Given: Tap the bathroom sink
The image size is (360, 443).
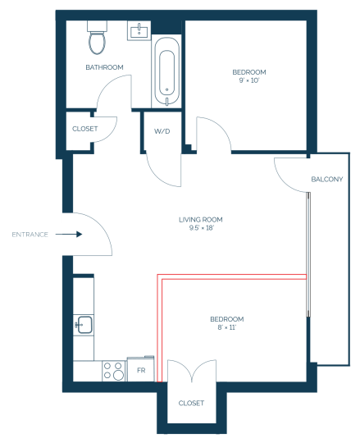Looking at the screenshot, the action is tap(139, 30).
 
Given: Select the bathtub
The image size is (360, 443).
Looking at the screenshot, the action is tap(166, 71).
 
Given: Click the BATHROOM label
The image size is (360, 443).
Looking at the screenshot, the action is tap(104, 67).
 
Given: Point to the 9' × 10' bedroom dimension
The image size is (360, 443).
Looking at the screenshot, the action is tap(249, 80).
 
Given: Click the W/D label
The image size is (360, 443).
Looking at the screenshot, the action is tap(162, 131).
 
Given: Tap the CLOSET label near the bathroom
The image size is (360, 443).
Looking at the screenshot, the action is tap(85, 129).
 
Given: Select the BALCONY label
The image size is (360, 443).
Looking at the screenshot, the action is tap(327, 179).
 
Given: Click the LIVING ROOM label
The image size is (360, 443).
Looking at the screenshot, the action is tap(201, 220).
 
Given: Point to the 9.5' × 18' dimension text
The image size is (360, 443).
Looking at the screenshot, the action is tap(201, 228).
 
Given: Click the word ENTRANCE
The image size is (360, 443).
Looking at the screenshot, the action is tap(30, 235).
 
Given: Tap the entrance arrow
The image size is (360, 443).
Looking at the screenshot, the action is tap(69, 234).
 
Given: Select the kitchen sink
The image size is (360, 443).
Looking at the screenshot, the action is tap(84, 325).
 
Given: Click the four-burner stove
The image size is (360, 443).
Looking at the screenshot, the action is tap(114, 371).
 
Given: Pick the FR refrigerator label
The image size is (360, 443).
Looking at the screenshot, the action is tap(141, 370).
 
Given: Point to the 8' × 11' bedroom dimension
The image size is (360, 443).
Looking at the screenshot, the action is tap(226, 327).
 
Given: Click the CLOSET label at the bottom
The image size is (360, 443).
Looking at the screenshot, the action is tap(191, 403).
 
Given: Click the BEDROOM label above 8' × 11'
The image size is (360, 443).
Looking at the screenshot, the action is tap(227, 319).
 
